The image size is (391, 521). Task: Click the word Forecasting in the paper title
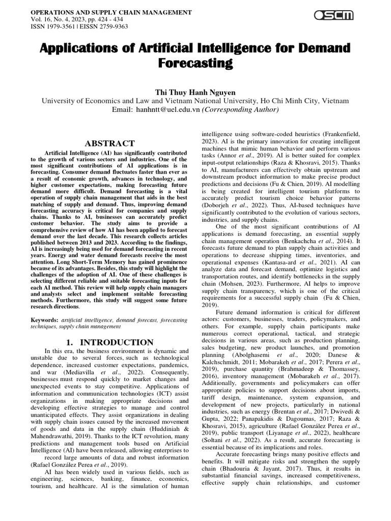[x=195, y=64]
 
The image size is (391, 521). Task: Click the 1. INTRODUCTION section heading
[x=110, y=342]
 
